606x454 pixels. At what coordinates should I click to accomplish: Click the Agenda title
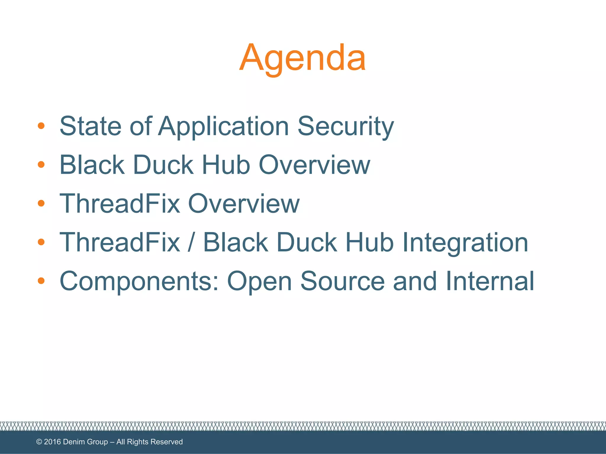click(302, 58)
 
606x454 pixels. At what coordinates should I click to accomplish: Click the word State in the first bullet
click(90, 126)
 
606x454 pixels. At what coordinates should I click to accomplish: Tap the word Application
click(223, 126)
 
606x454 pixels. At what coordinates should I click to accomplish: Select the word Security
click(345, 126)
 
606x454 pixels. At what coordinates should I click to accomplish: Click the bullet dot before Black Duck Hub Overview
click(41, 165)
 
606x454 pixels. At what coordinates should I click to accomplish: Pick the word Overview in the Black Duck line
click(314, 165)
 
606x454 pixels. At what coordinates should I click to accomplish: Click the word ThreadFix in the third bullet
click(120, 203)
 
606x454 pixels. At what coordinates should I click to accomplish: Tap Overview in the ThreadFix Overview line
click(244, 203)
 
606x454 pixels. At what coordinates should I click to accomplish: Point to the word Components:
click(139, 281)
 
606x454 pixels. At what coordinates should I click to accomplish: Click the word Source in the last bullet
click(342, 281)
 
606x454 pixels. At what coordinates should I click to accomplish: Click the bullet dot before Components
click(41, 281)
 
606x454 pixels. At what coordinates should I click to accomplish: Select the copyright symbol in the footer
click(39, 442)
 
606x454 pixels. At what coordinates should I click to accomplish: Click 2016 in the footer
click(52, 442)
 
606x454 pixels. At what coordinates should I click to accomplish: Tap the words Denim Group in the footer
click(85, 442)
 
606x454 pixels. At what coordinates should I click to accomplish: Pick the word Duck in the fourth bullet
click(307, 242)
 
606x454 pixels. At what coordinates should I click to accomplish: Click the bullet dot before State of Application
click(41, 126)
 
